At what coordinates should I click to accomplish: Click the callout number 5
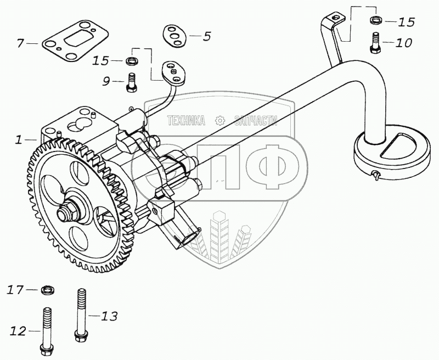point(206,37)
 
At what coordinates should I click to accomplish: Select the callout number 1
point(19,140)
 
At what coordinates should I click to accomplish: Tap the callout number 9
point(107,81)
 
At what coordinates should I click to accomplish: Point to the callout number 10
point(403,42)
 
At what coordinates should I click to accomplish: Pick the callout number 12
point(18,330)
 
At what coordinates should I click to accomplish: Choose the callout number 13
point(109,316)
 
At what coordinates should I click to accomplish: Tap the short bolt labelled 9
point(132,82)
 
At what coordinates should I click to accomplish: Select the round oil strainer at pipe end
point(391,151)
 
